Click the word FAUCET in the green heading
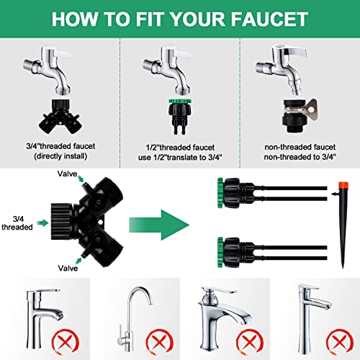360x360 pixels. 269,19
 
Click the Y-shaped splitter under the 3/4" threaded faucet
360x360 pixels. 60,117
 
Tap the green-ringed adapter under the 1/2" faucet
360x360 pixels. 180,116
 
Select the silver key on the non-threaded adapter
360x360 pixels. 309,110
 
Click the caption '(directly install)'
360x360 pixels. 60,156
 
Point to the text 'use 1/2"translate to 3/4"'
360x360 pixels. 180,158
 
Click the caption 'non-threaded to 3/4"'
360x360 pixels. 300,157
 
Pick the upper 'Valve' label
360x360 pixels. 67,174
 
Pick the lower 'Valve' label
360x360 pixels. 68,268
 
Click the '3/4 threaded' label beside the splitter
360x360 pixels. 17,223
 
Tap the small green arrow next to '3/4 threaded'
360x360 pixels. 42,223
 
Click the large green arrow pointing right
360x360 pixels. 159,225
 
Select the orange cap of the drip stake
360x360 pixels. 343,185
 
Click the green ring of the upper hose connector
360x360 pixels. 220,193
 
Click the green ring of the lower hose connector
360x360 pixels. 220,252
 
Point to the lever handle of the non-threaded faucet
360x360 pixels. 294,52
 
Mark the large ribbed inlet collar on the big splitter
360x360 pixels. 61,222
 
